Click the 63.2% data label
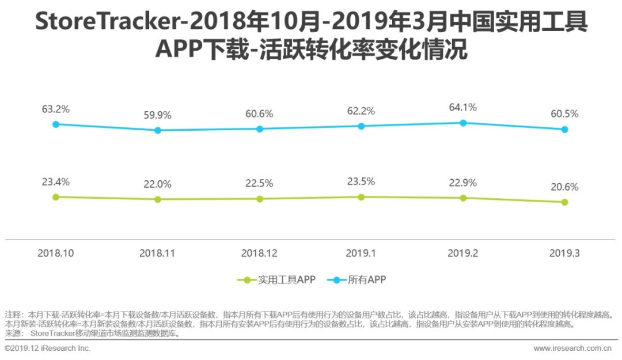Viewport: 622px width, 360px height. coord(56,109)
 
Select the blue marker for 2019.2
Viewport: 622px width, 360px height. coord(463,123)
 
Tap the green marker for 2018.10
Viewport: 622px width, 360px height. coord(56,197)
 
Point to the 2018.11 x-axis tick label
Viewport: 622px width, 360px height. coord(158,253)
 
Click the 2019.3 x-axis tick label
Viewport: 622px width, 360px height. coord(564,253)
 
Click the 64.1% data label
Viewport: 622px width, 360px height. coord(463,108)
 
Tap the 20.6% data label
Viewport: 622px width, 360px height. coord(564,187)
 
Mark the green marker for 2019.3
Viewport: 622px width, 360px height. coord(564,202)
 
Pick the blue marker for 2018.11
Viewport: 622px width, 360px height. coord(158,130)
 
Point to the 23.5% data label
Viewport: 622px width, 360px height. coord(361,181)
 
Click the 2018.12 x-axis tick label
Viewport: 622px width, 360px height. coord(260,253)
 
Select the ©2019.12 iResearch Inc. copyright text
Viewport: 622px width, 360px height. coord(47,348)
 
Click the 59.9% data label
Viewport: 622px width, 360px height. coord(158,115)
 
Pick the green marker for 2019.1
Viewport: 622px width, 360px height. coord(361,197)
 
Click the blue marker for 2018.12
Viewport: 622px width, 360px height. coord(260,128)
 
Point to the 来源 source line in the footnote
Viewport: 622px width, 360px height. coord(92,333)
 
